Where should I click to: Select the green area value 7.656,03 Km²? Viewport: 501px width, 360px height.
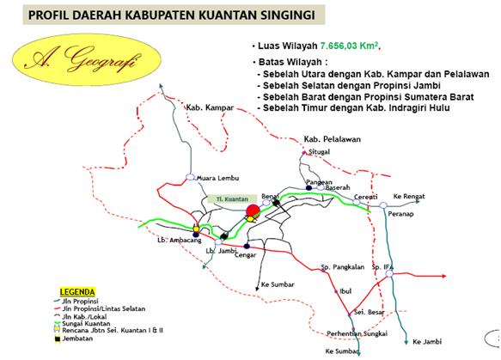click(x=350, y=46)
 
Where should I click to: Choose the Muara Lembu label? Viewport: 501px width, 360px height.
click(x=216, y=179)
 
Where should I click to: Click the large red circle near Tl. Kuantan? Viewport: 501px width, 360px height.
click(x=254, y=211)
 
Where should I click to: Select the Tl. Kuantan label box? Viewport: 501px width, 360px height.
click(x=224, y=198)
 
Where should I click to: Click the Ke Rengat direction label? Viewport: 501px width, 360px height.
click(x=409, y=197)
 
